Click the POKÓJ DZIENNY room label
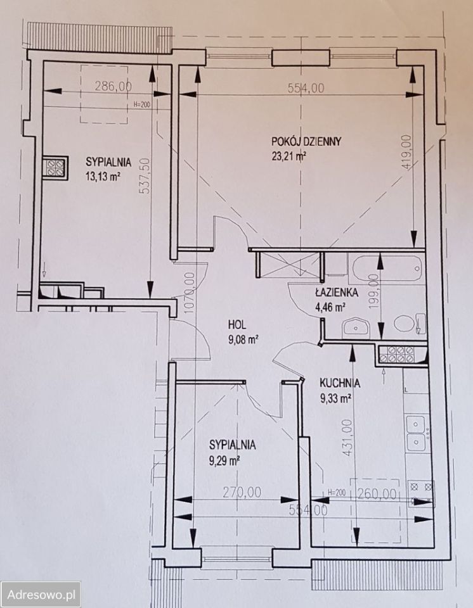pos(306,141)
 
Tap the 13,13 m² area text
pos(102,177)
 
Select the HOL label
pos(237,324)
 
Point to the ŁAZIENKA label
pos(336,293)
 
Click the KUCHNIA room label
pos(340,383)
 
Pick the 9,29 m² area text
pos(224,460)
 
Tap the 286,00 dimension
pos(113,86)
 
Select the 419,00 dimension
pos(406,151)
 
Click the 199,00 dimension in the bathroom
pos(373,291)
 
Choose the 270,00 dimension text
pos(242,493)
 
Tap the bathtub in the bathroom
pos(386,268)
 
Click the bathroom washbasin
pos(356,327)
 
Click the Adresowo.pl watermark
pos(42,595)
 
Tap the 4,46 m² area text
pos(330,308)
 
